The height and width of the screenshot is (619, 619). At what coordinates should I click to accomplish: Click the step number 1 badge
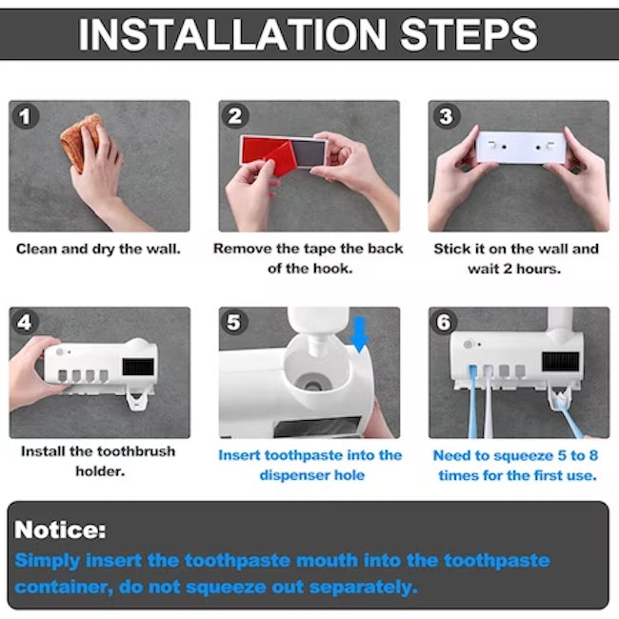pyautogui.click(x=25, y=117)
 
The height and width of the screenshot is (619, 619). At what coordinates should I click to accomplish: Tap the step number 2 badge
pyautogui.click(x=234, y=117)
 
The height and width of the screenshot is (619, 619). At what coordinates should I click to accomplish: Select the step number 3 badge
pyautogui.click(x=444, y=117)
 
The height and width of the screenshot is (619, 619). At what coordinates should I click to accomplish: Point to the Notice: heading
pyautogui.click(x=60, y=530)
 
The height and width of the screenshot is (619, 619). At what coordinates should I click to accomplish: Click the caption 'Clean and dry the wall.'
pyautogui.click(x=98, y=250)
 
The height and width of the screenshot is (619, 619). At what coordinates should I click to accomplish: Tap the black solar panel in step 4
pyautogui.click(x=141, y=367)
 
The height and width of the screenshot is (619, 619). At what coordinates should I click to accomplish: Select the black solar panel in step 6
pyautogui.click(x=561, y=363)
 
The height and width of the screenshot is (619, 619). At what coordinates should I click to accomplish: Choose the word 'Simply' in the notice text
pyautogui.click(x=48, y=561)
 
